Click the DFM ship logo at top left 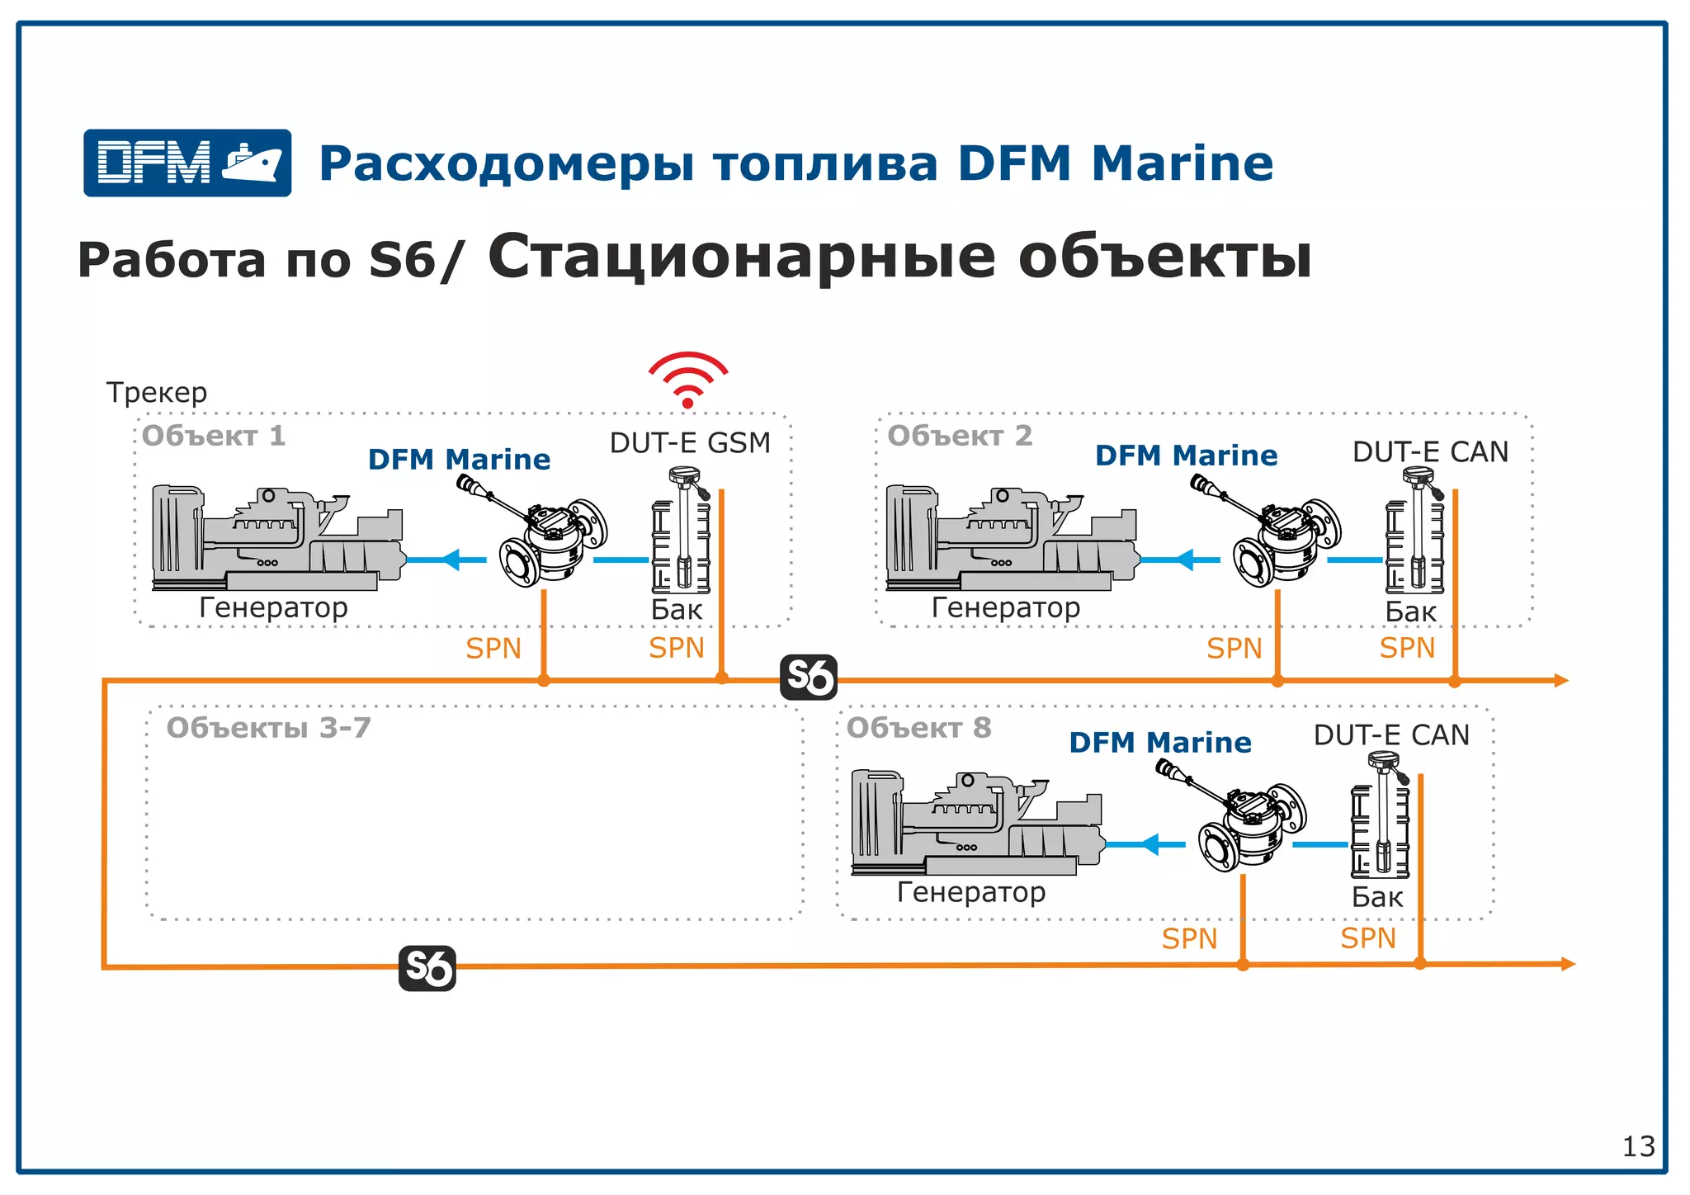click(187, 163)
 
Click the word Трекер click(157, 393)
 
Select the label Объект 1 click(214, 436)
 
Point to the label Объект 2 click(960, 436)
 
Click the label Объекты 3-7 click(268, 728)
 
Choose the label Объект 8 click(918, 728)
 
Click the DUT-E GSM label click(690, 443)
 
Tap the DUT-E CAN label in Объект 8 click(1391, 735)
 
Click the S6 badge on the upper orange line click(809, 678)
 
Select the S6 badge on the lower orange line click(427, 968)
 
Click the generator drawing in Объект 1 click(276, 538)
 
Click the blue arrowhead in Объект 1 click(451, 560)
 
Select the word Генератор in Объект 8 click(971, 892)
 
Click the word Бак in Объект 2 click(1410, 612)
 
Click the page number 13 click(1638, 1146)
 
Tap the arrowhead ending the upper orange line click(1560, 681)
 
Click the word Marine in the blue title click(1183, 163)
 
